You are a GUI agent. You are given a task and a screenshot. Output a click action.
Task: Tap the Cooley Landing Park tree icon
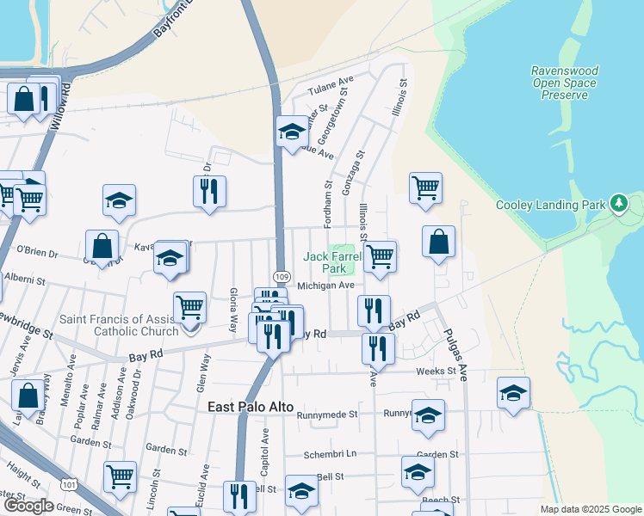pyautogui.click(x=617, y=204)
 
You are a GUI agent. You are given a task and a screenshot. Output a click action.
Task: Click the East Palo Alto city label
pyautogui.click(x=251, y=407)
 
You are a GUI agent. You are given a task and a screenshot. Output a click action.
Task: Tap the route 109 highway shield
pyautogui.click(x=282, y=275)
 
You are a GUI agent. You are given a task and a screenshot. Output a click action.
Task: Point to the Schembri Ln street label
pyautogui.click(x=330, y=454)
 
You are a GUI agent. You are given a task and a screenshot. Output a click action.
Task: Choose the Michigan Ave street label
pyautogui.click(x=326, y=286)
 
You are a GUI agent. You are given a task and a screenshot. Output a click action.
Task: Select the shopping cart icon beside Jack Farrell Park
pyautogui.click(x=380, y=256)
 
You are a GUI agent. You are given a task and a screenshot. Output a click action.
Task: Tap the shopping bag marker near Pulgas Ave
pyautogui.click(x=438, y=241)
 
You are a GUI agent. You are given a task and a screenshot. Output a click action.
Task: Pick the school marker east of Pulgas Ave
pyautogui.click(x=513, y=393)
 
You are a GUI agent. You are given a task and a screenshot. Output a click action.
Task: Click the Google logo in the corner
pyautogui.click(x=28, y=507)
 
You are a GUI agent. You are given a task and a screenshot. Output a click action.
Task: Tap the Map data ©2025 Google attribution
pyautogui.click(x=591, y=509)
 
